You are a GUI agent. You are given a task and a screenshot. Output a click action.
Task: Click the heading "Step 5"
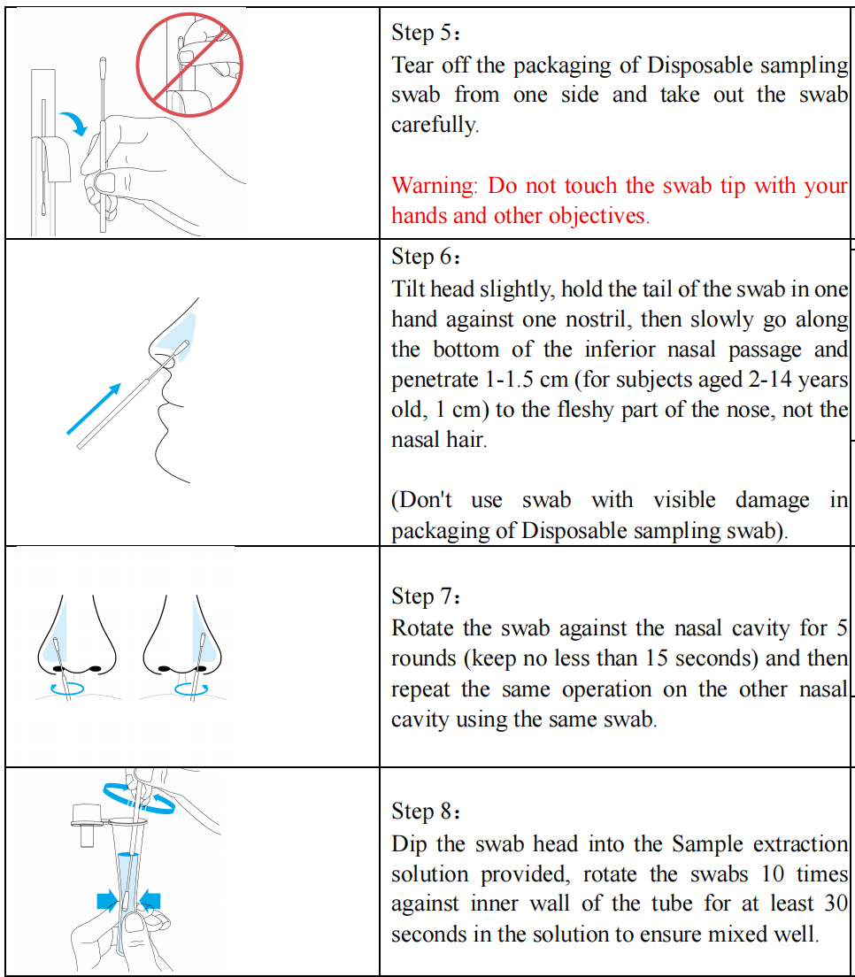(421, 33)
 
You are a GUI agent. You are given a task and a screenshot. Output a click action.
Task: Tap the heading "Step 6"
(421, 257)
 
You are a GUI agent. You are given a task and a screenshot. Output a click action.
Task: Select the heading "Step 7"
(421, 596)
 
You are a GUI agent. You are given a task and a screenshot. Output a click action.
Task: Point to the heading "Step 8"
(421, 812)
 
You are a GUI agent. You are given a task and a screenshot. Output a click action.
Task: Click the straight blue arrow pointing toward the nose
(94, 409)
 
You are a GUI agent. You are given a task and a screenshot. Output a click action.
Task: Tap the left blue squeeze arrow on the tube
(108, 901)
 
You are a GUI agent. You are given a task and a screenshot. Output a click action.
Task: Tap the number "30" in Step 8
(836, 904)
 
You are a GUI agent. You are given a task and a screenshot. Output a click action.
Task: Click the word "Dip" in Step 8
(409, 844)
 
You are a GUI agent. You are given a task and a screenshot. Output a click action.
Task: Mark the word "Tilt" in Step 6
(408, 289)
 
